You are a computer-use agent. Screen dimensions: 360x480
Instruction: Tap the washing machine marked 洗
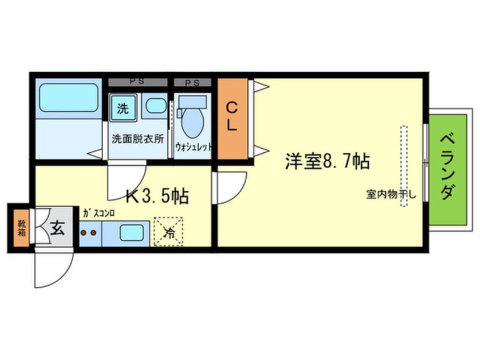pos(123,108)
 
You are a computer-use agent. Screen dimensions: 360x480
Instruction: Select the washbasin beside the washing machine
pos(155,106)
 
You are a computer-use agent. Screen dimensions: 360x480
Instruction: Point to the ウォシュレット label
pos(193,146)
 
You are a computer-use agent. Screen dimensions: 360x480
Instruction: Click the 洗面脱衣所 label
pos(138,138)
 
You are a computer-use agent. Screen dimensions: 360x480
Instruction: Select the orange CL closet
pos(232,118)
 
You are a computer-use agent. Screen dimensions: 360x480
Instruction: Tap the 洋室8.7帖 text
pos(327,162)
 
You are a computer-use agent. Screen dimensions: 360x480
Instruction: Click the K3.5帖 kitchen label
pos(157,196)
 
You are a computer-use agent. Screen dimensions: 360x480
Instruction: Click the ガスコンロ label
pos(99,214)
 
